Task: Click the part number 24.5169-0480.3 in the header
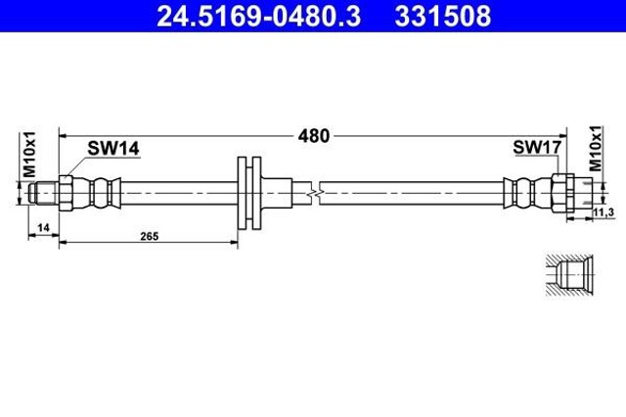pos(258,16)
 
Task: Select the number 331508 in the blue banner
pos(443,16)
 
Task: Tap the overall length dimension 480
pos(314,136)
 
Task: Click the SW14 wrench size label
pos(113,148)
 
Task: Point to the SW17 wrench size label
pos(537,147)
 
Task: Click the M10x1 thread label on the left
pos(29,155)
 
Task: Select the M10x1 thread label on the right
pos(596,148)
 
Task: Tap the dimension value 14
pos(43,228)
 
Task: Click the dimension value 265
pos(150,237)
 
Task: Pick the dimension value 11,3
pos(603,213)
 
